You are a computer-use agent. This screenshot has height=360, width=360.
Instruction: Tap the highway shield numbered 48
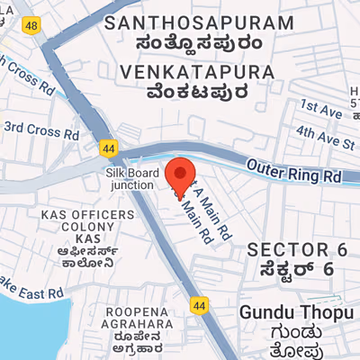(32, 27)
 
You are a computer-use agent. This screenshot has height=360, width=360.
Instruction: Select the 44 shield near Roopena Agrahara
(200, 306)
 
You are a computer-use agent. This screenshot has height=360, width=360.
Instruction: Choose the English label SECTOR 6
(297, 248)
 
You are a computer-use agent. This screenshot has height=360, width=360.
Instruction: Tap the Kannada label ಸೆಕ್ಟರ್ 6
(297, 269)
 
